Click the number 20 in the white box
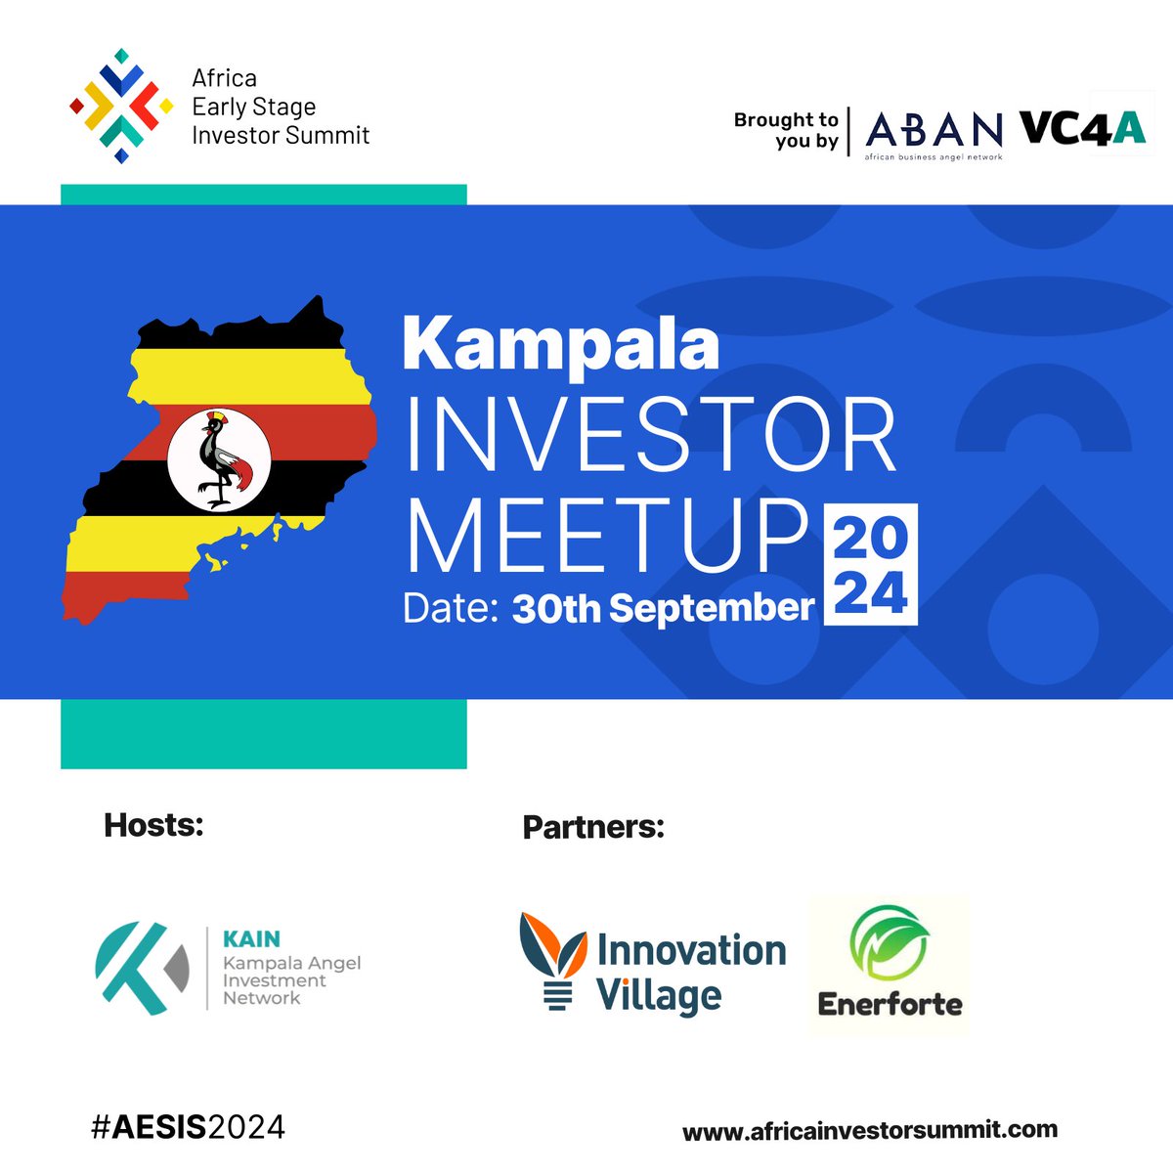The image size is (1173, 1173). pyautogui.click(x=870, y=538)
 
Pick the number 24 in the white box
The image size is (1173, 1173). pyautogui.click(x=870, y=592)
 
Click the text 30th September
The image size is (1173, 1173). pyautogui.click(x=663, y=608)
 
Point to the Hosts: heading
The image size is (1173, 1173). pyautogui.click(x=153, y=825)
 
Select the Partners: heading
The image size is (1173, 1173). pyautogui.click(x=593, y=827)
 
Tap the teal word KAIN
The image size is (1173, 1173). pyautogui.click(x=251, y=939)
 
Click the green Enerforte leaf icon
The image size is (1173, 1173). pyautogui.click(x=888, y=944)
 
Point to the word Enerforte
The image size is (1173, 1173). pyautogui.click(x=890, y=1004)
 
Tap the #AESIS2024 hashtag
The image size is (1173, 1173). pyautogui.click(x=188, y=1127)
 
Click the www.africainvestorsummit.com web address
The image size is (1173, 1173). pyautogui.click(x=869, y=1131)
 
